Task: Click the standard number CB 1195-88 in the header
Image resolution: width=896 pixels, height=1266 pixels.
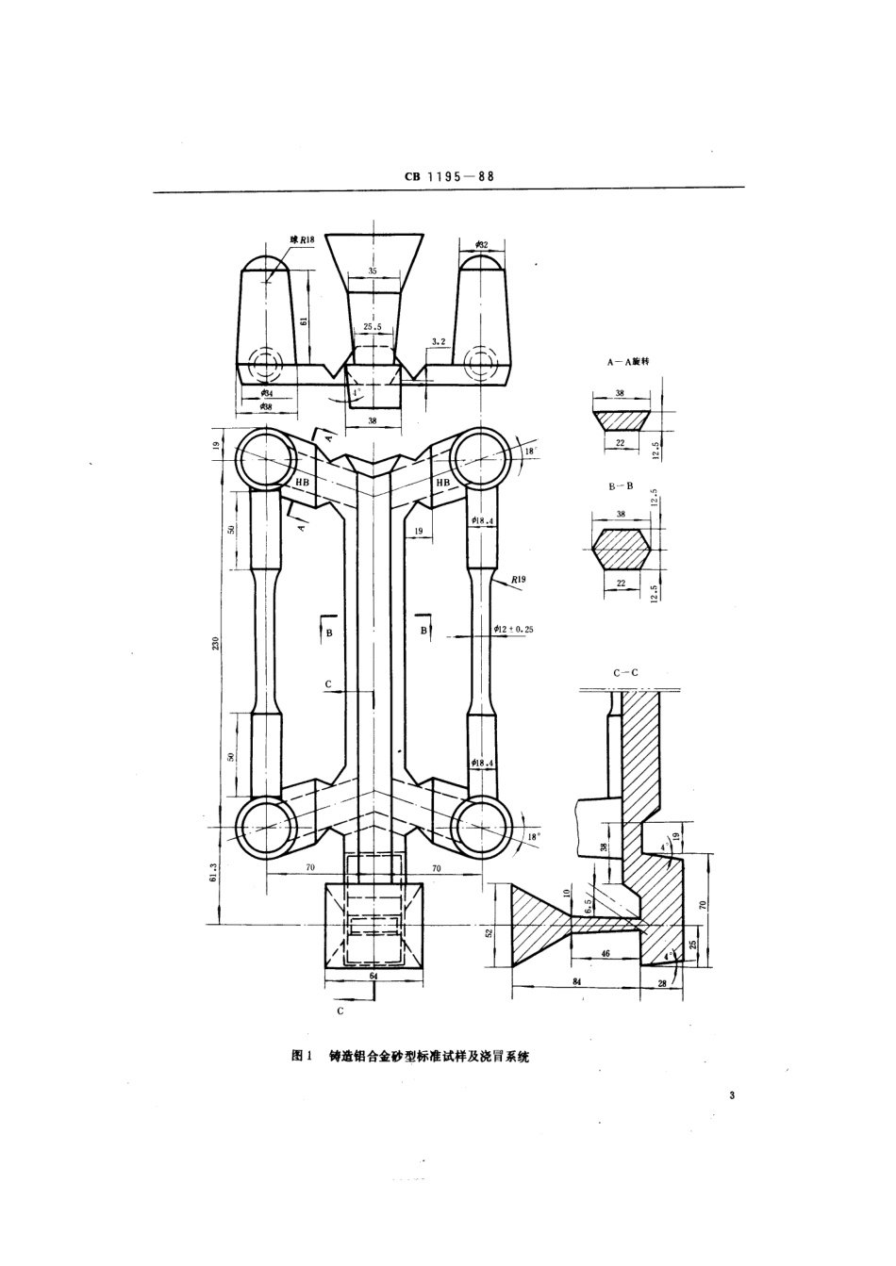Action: (449, 175)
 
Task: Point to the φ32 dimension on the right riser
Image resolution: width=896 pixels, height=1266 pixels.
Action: (483, 244)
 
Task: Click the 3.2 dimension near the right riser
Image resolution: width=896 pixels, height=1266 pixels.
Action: (438, 340)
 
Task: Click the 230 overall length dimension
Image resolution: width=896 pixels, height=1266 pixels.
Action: (216, 643)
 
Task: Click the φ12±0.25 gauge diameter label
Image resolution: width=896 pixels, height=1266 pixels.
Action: (513, 629)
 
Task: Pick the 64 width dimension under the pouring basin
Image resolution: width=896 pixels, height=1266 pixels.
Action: (373, 978)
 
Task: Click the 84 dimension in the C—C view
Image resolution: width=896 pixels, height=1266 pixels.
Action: (576, 983)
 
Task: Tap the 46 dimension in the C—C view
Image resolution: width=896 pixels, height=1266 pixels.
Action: (605, 955)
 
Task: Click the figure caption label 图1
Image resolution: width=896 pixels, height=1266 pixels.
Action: (303, 1056)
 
